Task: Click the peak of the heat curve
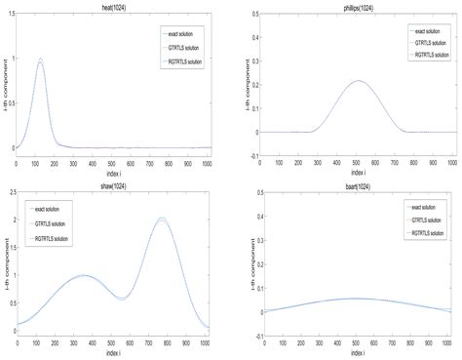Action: click(x=40, y=60)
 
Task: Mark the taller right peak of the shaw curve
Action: click(x=162, y=219)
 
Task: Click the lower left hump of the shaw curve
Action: click(x=84, y=275)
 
